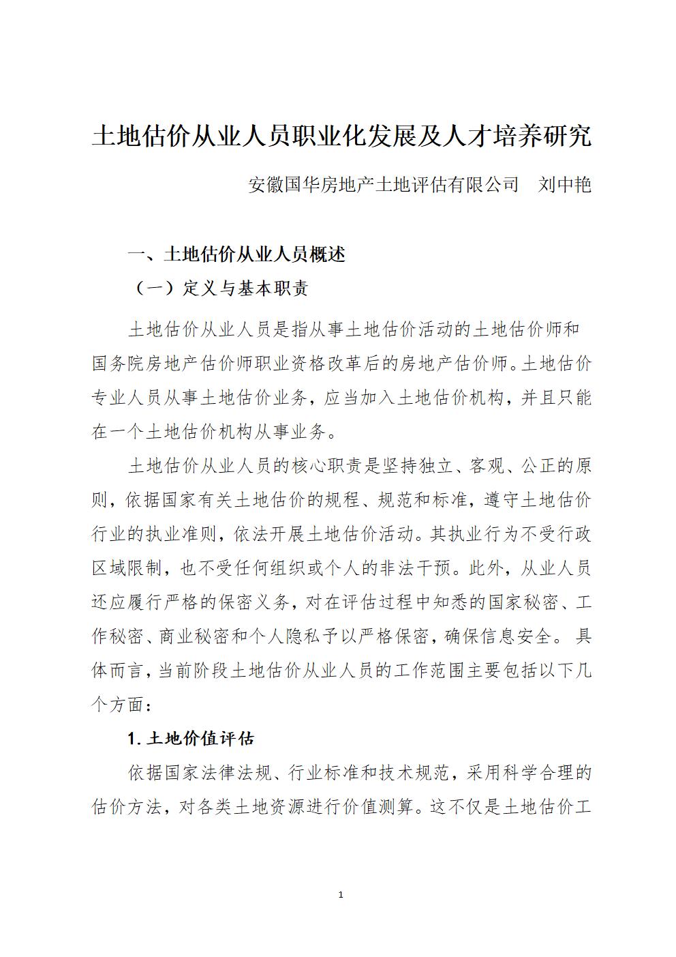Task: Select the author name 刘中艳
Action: coord(564,185)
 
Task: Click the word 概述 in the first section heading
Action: coord(327,254)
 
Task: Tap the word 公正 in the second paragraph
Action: coord(538,466)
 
